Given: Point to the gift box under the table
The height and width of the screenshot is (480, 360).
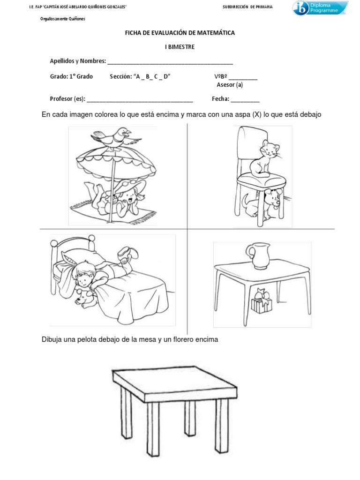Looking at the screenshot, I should click(261, 303).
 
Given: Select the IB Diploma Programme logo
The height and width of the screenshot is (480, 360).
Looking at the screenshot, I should click(321, 8).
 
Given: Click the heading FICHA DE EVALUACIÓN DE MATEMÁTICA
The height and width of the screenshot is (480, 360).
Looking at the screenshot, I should click(180, 33).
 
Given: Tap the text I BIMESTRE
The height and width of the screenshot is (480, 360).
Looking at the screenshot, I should click(180, 47).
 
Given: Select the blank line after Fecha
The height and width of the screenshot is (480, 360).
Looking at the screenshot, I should click(245, 99).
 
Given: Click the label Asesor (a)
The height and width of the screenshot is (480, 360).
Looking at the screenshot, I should click(230, 85).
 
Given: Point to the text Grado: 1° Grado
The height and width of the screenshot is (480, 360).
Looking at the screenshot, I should click(71, 76).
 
